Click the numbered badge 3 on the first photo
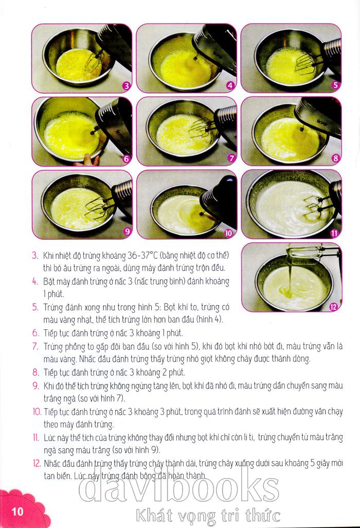[127, 86]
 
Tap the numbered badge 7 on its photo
[231, 159]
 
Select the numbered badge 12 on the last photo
[333, 306]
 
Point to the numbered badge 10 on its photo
[228, 233]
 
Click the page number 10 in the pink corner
[17, 512]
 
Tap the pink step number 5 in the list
[35, 307]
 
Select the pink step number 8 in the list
[35, 373]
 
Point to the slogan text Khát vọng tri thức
[208, 516]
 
